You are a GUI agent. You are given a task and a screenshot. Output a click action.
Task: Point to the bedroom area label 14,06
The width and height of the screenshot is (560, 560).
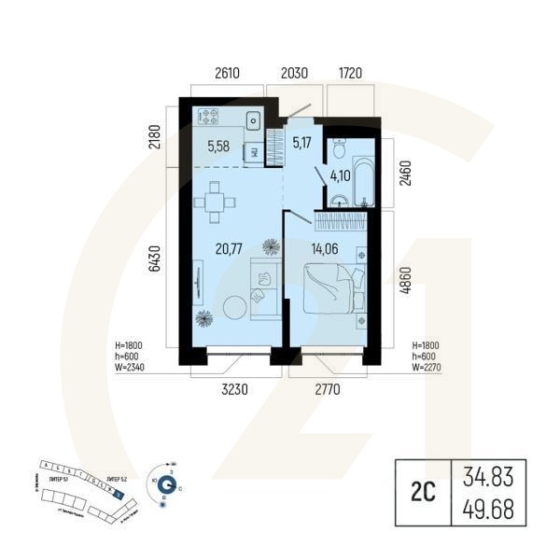coord(321,248)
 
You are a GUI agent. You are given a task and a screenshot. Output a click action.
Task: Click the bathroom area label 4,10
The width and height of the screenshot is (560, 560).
coord(342,174)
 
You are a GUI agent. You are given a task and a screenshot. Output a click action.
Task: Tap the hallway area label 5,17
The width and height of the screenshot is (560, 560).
coord(302,143)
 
